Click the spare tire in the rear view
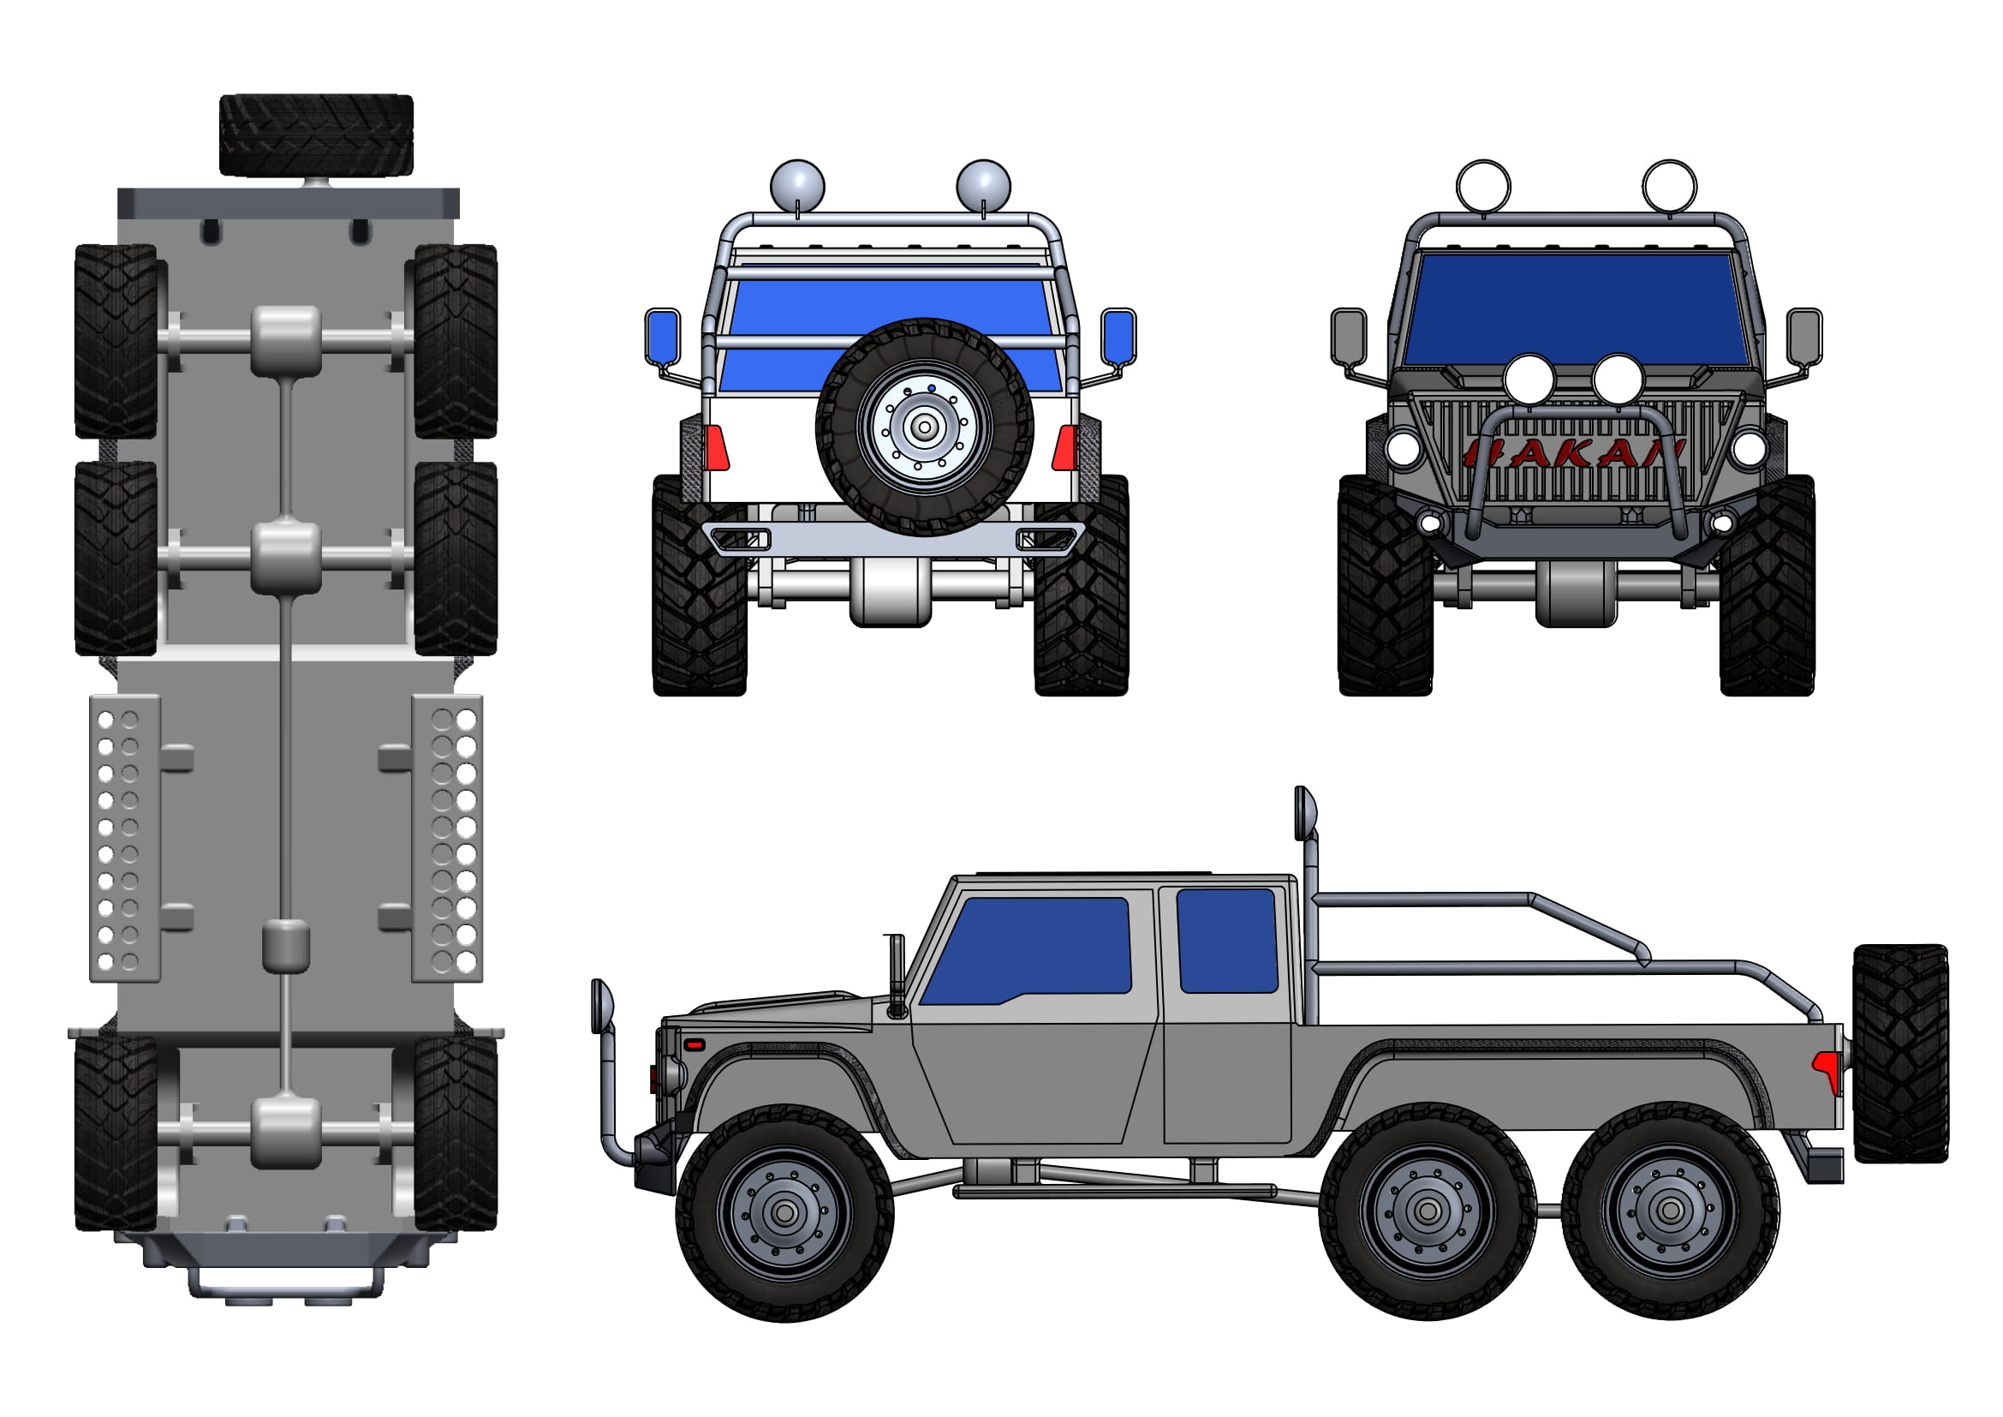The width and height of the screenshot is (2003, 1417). coord(924,427)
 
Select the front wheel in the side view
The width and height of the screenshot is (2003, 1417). coord(784,1213)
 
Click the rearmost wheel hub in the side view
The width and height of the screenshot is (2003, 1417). coord(1670,1211)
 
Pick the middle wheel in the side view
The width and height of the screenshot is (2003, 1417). coord(1428,1211)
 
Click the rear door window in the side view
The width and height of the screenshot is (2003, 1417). coord(1226,941)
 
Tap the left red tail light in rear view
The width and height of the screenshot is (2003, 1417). coord(716,447)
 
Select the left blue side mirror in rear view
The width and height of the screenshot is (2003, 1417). coord(663,336)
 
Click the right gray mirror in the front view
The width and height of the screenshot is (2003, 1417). coord(1803,336)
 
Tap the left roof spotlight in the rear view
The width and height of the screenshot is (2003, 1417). coord(796,186)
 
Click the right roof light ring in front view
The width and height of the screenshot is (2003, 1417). coord(1669,186)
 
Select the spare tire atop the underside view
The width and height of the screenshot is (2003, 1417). coord(316,135)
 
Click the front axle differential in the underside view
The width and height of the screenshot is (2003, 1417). coord(286,1133)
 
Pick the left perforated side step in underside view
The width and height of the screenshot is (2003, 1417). coord(125,838)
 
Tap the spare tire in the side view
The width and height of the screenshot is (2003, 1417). coord(1900,1053)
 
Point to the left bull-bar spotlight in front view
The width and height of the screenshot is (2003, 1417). coord(1529,380)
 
